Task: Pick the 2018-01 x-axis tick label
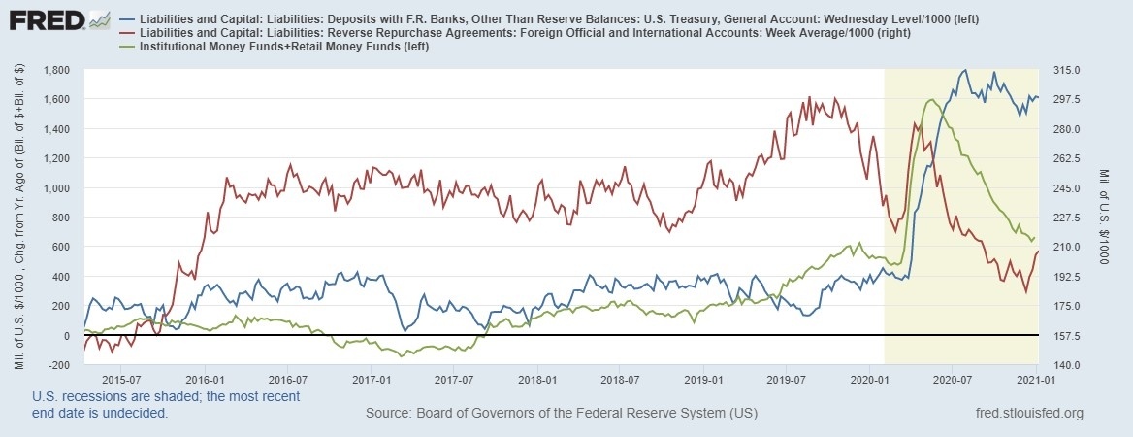(x=539, y=380)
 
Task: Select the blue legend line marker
(x=132, y=19)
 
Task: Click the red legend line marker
(x=132, y=33)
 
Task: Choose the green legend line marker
(x=132, y=47)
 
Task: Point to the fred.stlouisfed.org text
(x=1028, y=414)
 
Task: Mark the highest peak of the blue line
(x=963, y=70)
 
